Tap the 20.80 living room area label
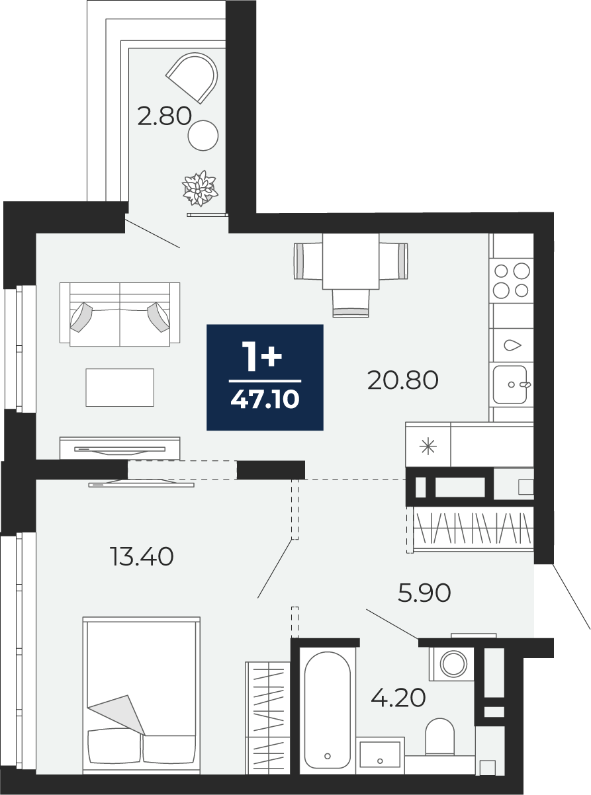[x=403, y=380]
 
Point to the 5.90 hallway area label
[x=424, y=593]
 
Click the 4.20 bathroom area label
[x=398, y=698]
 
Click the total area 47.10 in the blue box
[x=265, y=399]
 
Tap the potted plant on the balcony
[x=200, y=188]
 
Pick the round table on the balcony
[x=203, y=136]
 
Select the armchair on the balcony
[x=192, y=77]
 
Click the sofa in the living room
[x=120, y=314]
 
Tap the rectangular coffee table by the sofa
[x=120, y=388]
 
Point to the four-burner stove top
[x=512, y=280]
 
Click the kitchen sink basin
[x=510, y=384]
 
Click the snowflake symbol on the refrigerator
[x=428, y=446]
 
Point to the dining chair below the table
[x=351, y=303]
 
